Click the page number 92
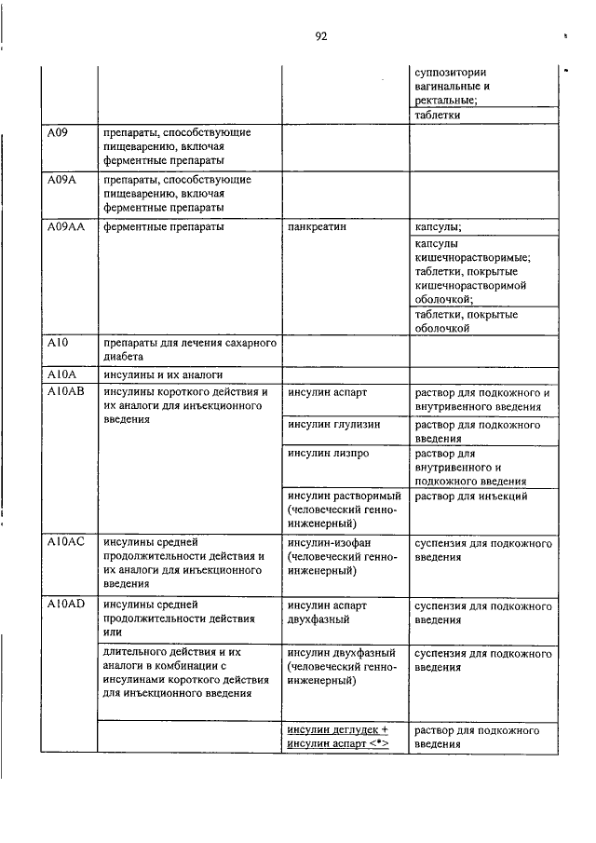pyautogui.click(x=320, y=36)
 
